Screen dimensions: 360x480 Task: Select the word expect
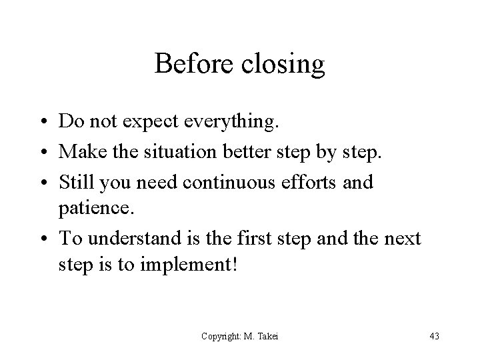click(x=154, y=122)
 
